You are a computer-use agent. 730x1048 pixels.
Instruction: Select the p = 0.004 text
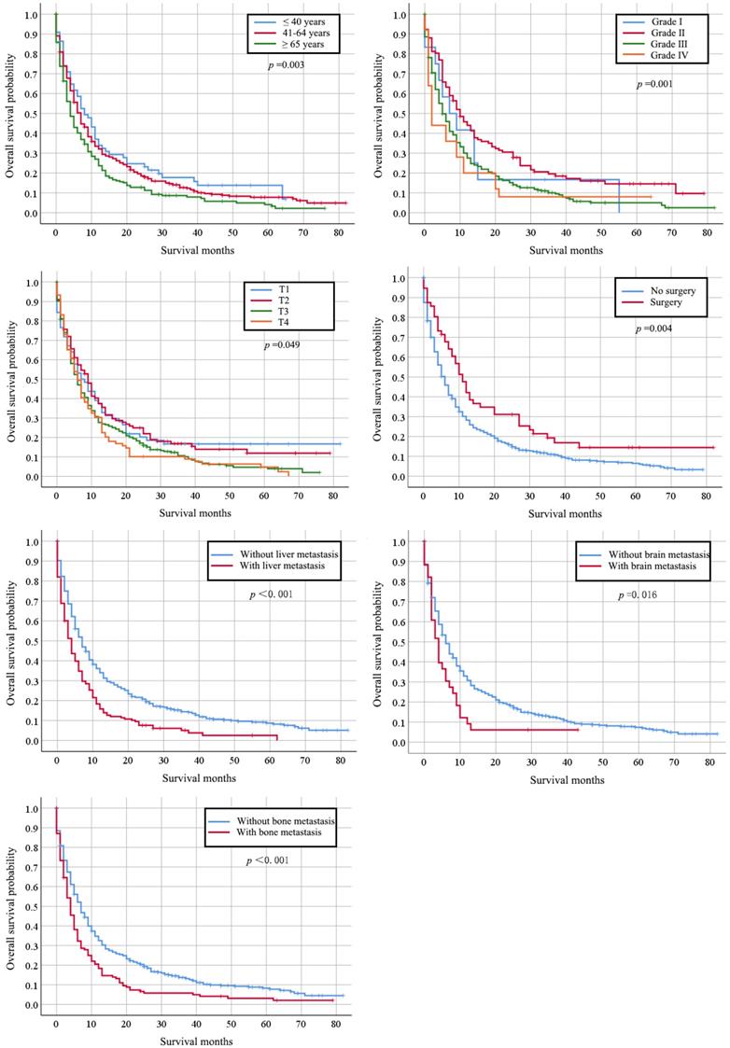[x=655, y=329]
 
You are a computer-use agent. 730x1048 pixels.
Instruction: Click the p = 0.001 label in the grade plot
[x=655, y=84]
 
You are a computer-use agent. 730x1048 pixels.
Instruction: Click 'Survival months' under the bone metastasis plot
[x=196, y=1041]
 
